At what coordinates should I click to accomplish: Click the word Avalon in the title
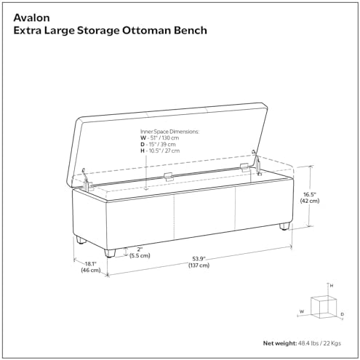[x=31, y=17]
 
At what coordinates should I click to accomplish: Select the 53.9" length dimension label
[x=199, y=259]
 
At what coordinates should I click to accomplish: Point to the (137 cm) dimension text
[x=199, y=265]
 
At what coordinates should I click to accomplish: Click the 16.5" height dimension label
[x=310, y=194]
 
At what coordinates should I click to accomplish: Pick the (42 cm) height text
[x=310, y=201]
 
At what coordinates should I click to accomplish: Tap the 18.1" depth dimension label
[x=91, y=263]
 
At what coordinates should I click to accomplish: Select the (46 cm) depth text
[x=91, y=270]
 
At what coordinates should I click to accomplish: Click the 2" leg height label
[x=140, y=249]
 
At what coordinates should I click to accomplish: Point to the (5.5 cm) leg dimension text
[x=140, y=255]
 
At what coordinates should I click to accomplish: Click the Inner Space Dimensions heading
[x=169, y=132]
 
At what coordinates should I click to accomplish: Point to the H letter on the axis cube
[x=332, y=286]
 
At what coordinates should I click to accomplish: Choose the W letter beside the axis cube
[x=302, y=311]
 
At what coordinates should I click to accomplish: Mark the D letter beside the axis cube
[x=342, y=314]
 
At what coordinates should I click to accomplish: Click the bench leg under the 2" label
[x=110, y=252]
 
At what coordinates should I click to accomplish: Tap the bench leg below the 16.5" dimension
[x=284, y=226]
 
